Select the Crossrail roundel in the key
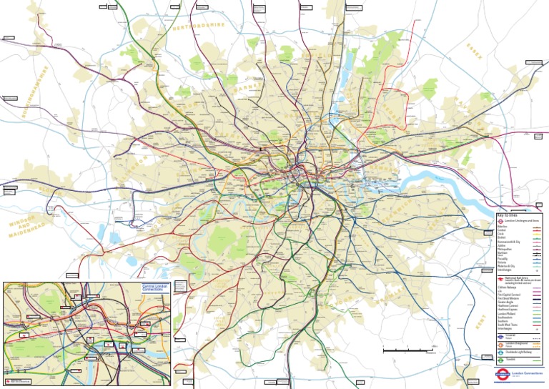coord(500,335)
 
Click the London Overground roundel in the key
coord(500,344)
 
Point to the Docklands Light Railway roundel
coord(500,353)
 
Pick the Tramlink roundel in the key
coord(500,362)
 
